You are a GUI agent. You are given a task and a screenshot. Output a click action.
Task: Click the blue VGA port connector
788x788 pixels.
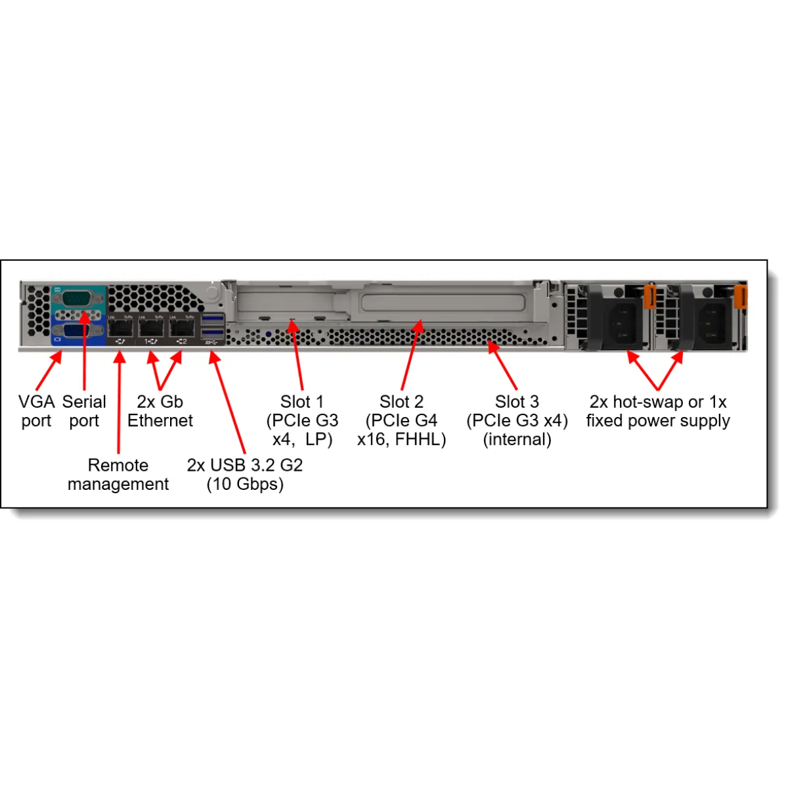[77, 330]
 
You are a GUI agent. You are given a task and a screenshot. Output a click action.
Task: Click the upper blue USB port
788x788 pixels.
[213, 320]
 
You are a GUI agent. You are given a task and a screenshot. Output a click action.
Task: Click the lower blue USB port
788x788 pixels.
[213, 333]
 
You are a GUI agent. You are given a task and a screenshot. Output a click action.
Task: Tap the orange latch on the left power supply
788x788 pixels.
[649, 297]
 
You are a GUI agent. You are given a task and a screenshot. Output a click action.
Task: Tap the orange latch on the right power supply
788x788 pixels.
[741, 297]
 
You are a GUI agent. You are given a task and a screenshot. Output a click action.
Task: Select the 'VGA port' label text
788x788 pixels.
[36, 411]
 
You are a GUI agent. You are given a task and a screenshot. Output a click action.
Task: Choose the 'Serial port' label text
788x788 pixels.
[84, 411]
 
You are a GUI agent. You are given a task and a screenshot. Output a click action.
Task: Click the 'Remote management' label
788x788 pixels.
[118, 475]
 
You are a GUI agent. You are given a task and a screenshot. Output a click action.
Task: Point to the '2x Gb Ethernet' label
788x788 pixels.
[160, 411]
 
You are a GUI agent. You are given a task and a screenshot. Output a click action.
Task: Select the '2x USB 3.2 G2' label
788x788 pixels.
[245, 466]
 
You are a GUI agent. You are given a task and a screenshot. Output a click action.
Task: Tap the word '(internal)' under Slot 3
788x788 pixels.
[517, 439]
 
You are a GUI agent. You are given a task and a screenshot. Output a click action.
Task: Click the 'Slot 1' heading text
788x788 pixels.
[302, 402]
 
